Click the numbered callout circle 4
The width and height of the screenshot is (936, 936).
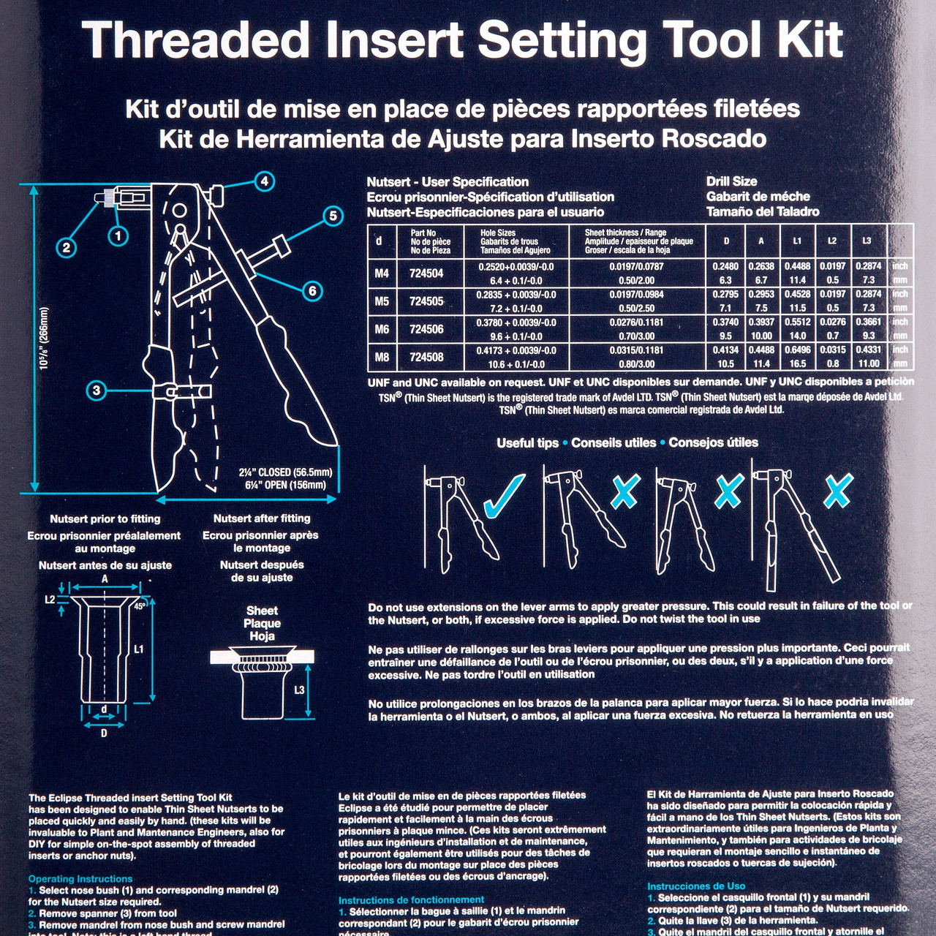click(x=264, y=181)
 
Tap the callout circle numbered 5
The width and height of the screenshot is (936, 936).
click(x=333, y=216)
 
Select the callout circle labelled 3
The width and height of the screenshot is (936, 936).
click(x=97, y=390)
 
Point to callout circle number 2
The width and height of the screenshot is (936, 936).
click(x=67, y=247)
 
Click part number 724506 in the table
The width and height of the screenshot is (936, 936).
click(x=426, y=329)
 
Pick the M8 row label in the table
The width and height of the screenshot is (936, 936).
click(x=382, y=357)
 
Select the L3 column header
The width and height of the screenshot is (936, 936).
click(x=867, y=241)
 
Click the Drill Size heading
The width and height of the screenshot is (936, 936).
click(x=731, y=181)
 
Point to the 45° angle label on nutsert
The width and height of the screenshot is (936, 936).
click(x=140, y=606)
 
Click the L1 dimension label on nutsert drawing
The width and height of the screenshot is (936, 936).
click(x=139, y=649)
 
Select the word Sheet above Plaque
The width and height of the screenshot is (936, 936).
click(x=262, y=611)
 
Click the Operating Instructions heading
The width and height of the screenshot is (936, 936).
click(x=80, y=879)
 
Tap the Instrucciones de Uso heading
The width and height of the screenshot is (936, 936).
click(x=696, y=886)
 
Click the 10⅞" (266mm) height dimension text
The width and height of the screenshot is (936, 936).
click(x=45, y=338)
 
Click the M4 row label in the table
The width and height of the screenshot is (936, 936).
click(x=382, y=273)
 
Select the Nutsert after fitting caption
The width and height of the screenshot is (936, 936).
click(x=262, y=518)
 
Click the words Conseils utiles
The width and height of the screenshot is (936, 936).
click(x=614, y=442)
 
